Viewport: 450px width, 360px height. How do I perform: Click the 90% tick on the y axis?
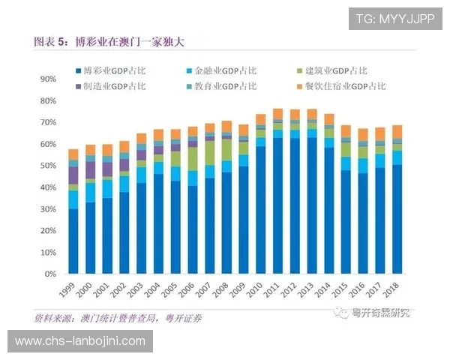[47, 79]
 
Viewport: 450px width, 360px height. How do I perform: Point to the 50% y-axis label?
[47, 166]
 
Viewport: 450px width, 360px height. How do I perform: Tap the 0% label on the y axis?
[49, 274]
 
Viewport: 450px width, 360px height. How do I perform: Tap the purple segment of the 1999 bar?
[73, 175]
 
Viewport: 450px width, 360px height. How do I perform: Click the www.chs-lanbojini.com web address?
[80, 342]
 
